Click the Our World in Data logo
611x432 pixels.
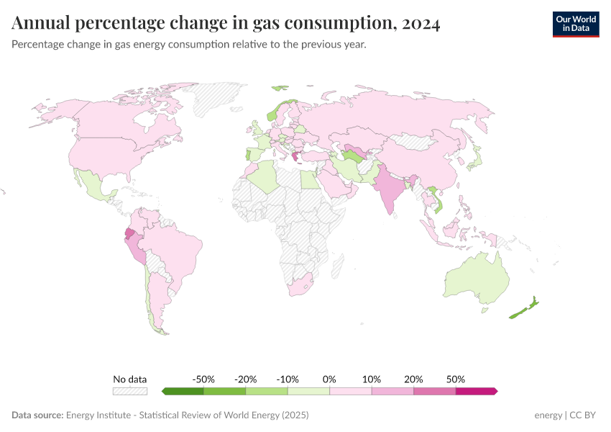[x=575, y=24]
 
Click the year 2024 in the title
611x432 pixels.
[x=421, y=24]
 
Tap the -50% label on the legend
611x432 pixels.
[x=203, y=379]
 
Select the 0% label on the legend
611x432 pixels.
[x=329, y=379]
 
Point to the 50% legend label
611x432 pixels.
[x=456, y=379]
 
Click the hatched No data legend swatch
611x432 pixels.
[x=130, y=391]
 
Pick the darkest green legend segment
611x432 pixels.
[x=183, y=391]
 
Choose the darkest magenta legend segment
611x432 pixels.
[x=476, y=391]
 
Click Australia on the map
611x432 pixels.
[x=476, y=277]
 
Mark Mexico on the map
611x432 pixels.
[x=93, y=184]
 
